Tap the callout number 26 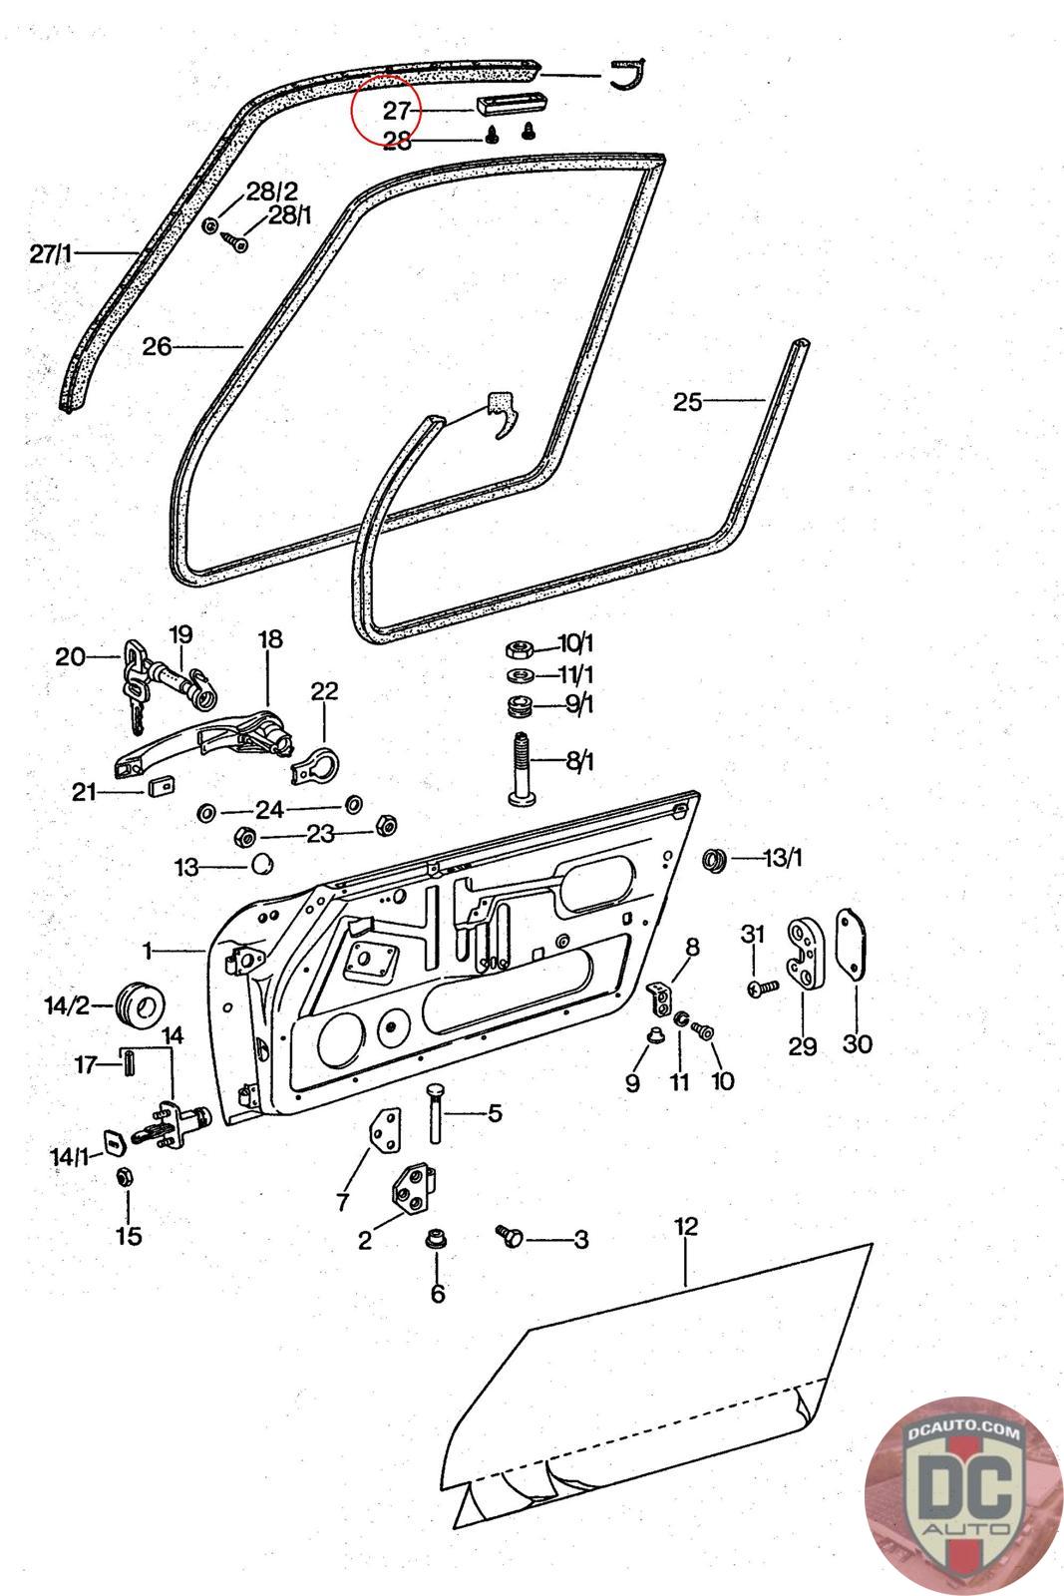(x=157, y=346)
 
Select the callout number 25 (x=687, y=402)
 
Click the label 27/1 (x=51, y=253)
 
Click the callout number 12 (x=686, y=1226)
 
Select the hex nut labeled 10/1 (x=519, y=649)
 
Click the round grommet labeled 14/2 (x=140, y=1005)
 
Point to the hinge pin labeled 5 (x=435, y=1113)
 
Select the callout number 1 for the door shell (x=148, y=951)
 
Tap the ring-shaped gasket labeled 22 (x=315, y=764)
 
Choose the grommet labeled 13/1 (x=714, y=859)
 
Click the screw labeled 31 (x=763, y=989)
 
